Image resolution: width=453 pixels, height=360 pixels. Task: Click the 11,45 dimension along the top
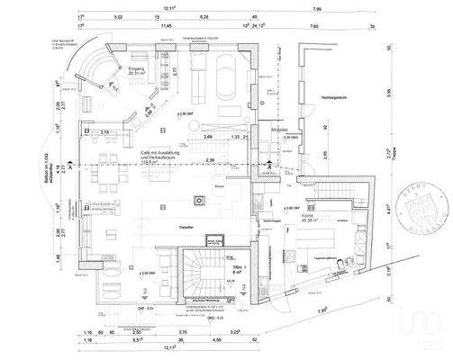click(166, 27)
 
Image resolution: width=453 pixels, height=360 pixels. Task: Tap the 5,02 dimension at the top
click(118, 17)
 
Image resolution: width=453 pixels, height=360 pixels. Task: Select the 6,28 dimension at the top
click(204, 17)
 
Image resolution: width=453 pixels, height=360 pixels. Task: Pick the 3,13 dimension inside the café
click(105, 133)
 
